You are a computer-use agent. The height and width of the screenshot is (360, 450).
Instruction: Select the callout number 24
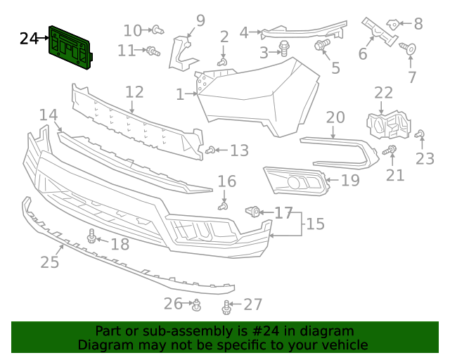[x=29, y=38]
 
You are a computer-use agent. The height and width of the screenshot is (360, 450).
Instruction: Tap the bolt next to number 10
[x=159, y=30]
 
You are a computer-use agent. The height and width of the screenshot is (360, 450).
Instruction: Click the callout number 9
[x=200, y=20]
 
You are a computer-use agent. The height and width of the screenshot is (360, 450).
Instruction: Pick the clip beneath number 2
[x=222, y=63]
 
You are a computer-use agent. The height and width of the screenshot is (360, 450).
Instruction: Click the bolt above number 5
[x=322, y=46]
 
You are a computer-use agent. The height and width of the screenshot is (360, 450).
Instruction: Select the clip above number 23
[x=420, y=134]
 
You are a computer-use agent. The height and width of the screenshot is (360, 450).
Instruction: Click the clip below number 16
[x=224, y=206]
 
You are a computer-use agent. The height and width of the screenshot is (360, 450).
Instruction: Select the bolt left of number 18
[x=91, y=237]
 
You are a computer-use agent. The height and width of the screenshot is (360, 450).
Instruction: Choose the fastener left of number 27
[x=226, y=307]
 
